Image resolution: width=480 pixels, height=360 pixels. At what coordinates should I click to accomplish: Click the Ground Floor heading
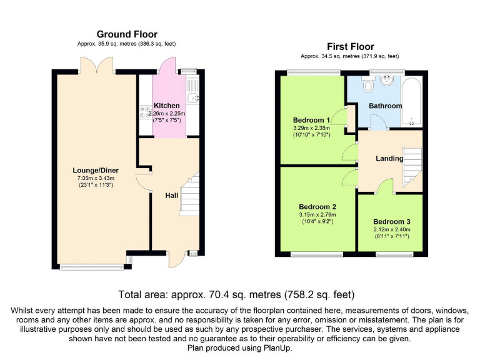[x=127, y=34]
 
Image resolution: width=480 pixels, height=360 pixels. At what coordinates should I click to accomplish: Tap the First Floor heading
[x=351, y=46]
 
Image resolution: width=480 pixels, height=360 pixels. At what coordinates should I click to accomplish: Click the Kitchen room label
[x=166, y=106]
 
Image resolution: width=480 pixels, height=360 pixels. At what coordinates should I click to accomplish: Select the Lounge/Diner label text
[x=96, y=171]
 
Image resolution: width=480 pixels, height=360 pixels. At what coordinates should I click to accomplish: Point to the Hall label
[x=172, y=196]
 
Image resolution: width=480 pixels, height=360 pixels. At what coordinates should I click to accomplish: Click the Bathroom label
[x=386, y=106]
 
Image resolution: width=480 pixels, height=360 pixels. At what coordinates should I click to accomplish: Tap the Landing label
[x=389, y=158]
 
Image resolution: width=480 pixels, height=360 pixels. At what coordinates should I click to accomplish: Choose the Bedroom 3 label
[x=392, y=222]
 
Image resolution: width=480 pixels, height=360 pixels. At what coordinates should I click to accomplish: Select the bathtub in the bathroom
[x=412, y=102]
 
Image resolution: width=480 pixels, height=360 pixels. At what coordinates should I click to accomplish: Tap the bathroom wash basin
[x=388, y=80]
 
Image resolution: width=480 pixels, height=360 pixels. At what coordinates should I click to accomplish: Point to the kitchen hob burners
[x=146, y=112]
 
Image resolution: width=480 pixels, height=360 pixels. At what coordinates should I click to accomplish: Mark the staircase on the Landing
[x=412, y=167]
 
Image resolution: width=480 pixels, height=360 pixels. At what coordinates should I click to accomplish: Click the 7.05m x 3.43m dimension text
[x=96, y=178]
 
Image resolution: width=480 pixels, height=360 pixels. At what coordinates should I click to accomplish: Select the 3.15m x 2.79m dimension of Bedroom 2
[x=317, y=214]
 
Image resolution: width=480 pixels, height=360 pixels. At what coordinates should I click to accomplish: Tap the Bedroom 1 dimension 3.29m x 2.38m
[x=312, y=128]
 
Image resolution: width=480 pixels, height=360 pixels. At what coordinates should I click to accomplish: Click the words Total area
[x=142, y=294]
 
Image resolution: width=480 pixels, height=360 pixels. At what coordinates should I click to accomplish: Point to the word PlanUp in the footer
[x=278, y=348]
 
